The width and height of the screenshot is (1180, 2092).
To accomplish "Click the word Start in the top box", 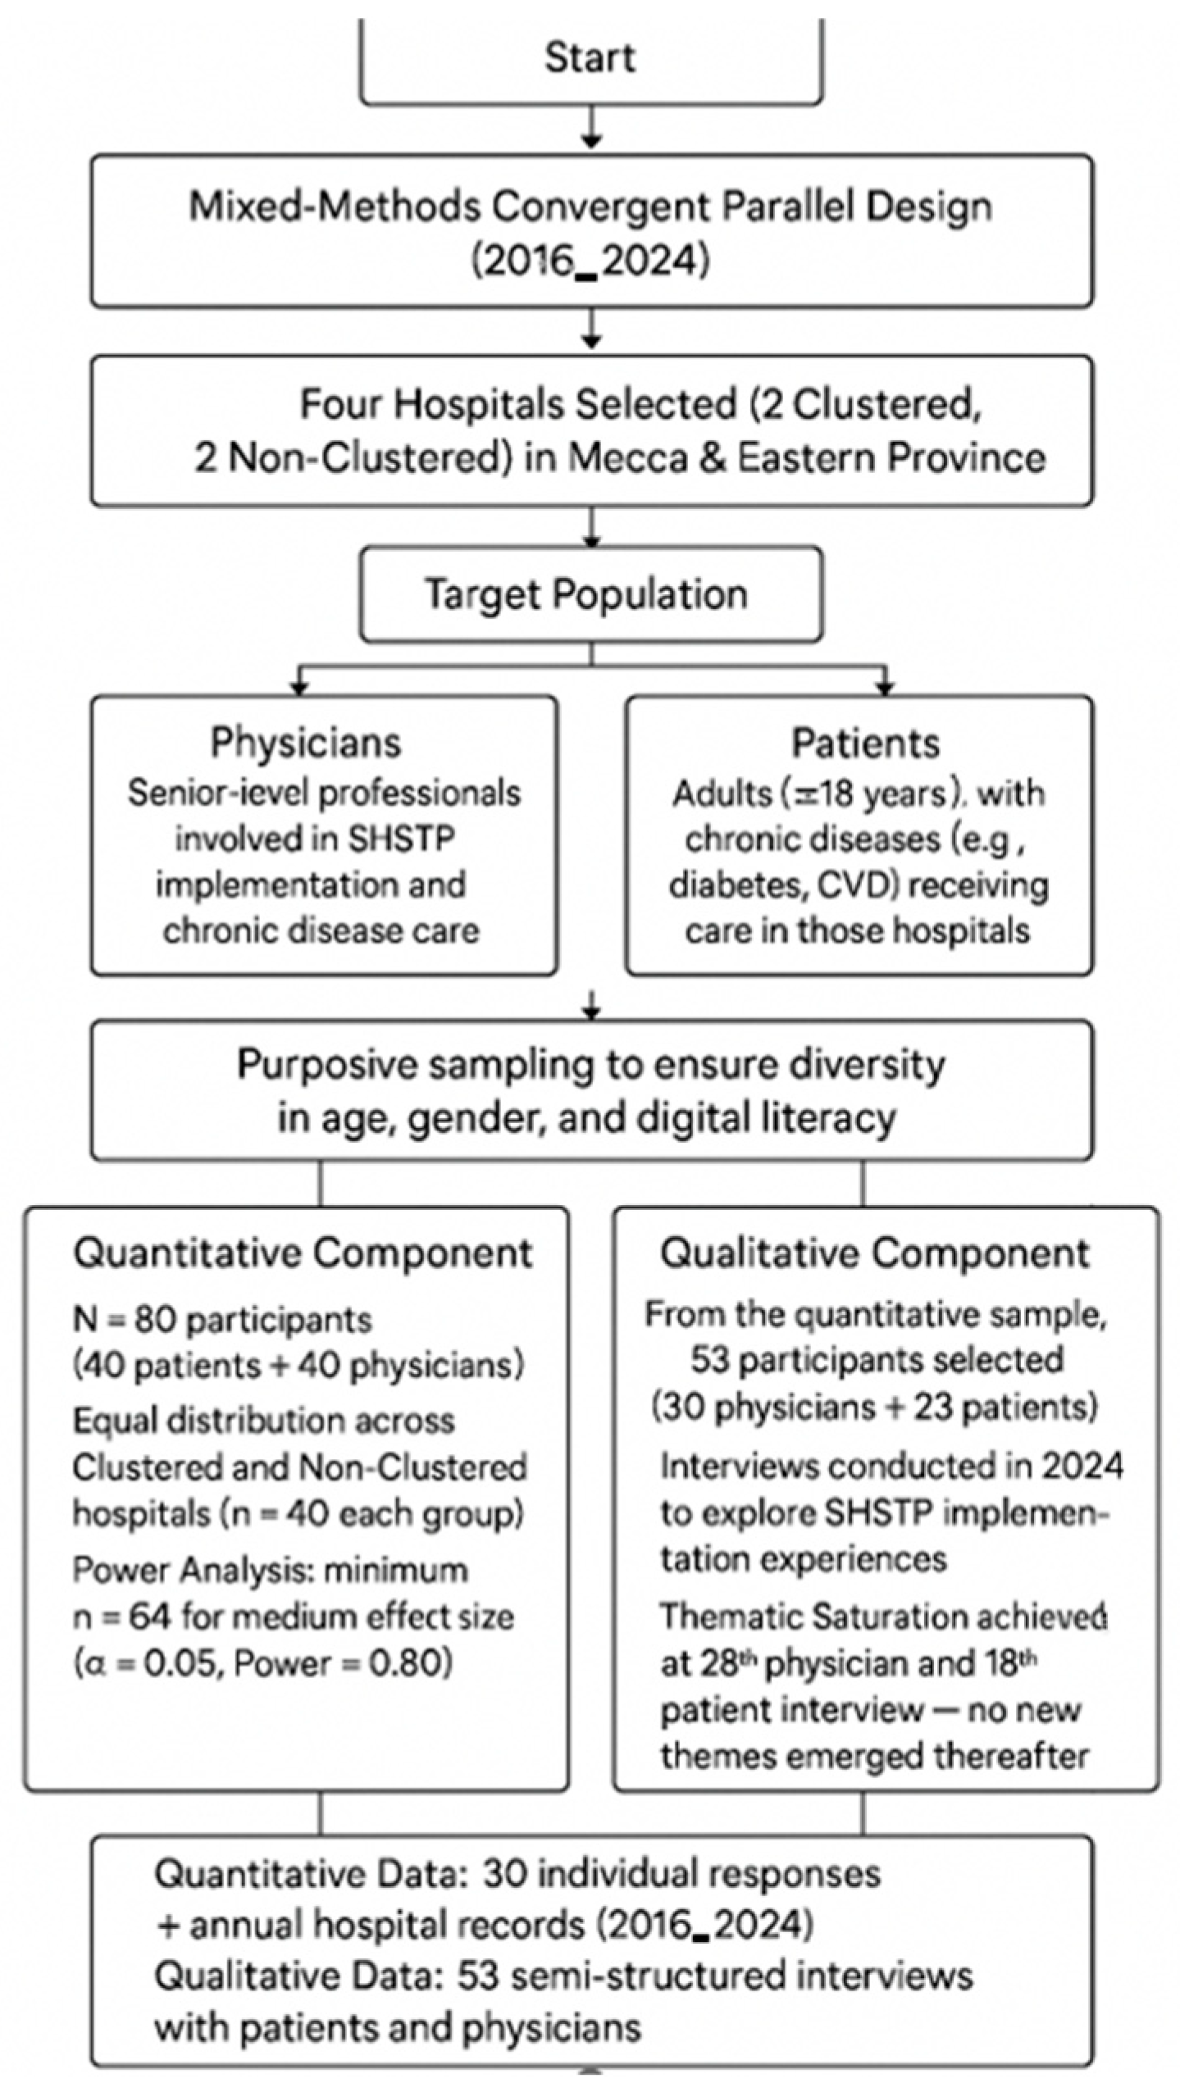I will click(x=590, y=57).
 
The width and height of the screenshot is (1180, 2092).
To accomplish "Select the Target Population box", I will click(x=590, y=594).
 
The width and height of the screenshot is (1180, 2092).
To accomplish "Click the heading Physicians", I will click(x=306, y=743).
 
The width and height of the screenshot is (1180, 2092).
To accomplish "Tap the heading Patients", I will click(x=865, y=744).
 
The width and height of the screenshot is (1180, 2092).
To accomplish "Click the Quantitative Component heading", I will click(x=303, y=1253).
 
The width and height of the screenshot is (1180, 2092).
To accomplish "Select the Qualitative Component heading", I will click(x=875, y=1253).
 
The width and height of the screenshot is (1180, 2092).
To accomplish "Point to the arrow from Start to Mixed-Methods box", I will click(x=591, y=130).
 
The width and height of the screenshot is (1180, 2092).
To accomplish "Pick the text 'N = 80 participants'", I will click(x=222, y=1320).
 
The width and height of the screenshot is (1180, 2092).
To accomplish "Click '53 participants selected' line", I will click(x=876, y=1359).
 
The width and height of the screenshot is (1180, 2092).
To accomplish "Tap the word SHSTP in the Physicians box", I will click(x=401, y=839).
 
